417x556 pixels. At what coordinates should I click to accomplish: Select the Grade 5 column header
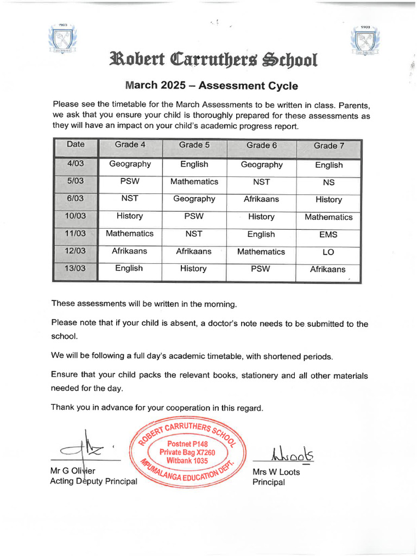point(194,145)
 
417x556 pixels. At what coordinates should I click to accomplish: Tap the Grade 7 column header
point(328,146)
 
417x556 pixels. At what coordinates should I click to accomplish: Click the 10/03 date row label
point(75,216)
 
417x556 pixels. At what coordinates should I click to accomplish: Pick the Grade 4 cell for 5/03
point(129,181)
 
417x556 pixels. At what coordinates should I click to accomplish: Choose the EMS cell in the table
point(328,235)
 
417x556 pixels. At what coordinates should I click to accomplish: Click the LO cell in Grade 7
point(328,252)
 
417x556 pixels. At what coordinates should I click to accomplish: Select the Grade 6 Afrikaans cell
point(261,199)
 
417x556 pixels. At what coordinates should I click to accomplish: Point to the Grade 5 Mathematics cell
point(194,181)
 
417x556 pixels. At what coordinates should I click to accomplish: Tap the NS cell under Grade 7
point(328,182)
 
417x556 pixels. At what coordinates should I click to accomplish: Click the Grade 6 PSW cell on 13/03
point(261,268)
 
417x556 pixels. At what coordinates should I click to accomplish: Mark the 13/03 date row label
point(75,268)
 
